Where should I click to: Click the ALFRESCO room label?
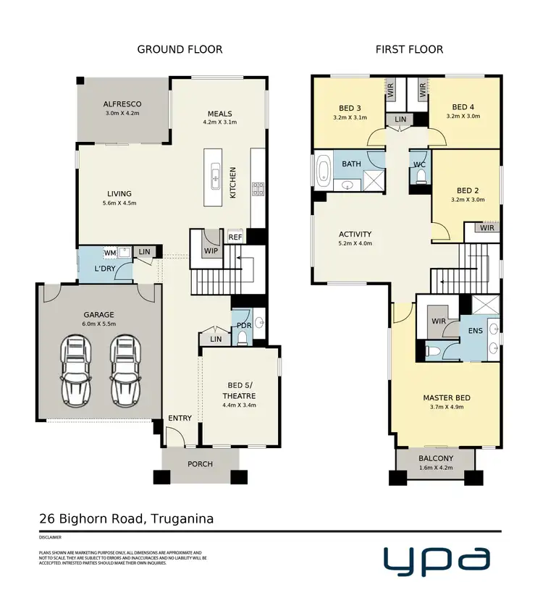(122, 104)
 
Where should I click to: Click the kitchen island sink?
(215, 174)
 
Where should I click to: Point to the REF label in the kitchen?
(235, 237)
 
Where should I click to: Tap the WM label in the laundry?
(109, 253)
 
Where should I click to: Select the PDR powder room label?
(243, 326)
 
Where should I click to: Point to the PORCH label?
(201, 463)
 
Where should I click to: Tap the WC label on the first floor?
(418, 164)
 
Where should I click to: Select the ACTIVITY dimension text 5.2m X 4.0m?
(355, 243)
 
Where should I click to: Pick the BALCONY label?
(435, 458)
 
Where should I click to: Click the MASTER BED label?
(447, 398)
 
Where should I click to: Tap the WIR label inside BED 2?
(486, 228)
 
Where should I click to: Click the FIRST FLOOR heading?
(409, 49)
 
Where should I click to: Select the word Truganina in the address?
(181, 518)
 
